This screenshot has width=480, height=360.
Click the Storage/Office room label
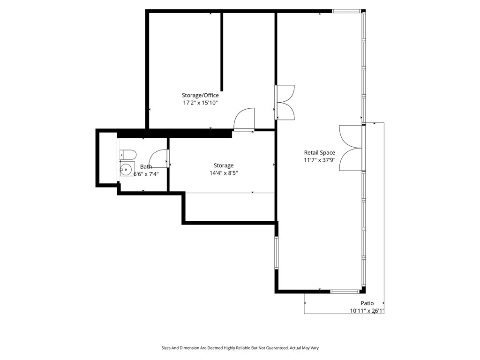(200, 95)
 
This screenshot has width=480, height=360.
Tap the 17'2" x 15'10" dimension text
(200, 103)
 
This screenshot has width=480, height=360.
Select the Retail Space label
(319, 152)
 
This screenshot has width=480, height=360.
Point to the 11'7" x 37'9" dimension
(319, 160)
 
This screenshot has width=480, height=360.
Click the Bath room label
(146, 166)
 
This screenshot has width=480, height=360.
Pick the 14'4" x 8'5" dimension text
(224, 173)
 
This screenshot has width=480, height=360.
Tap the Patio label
(367, 303)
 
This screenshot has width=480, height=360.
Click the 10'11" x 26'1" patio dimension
(367, 311)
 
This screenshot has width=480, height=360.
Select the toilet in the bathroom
(127, 155)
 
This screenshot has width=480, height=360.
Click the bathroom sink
(127, 169)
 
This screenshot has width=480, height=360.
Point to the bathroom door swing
(158, 158)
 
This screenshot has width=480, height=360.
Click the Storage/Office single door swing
(244, 120)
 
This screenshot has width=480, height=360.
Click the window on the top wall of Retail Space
(346, 11)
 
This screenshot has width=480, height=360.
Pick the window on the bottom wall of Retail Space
(345, 292)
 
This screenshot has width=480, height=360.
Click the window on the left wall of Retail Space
(277, 253)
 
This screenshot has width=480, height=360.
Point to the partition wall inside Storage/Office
(222, 52)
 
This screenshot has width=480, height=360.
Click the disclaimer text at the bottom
(240, 348)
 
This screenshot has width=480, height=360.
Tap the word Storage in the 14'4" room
(224, 165)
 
